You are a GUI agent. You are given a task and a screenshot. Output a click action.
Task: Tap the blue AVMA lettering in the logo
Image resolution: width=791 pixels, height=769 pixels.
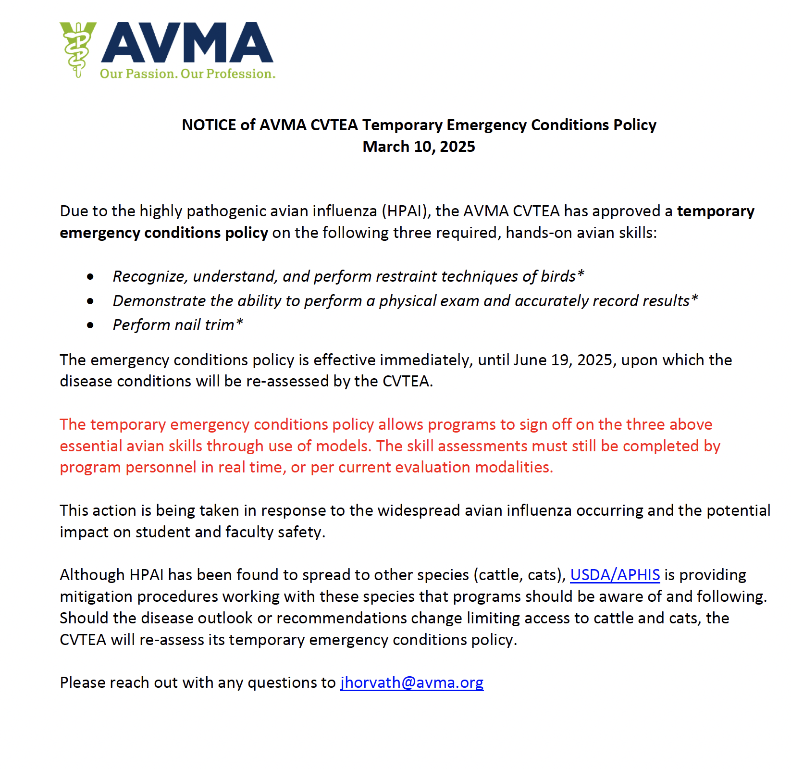(x=187, y=43)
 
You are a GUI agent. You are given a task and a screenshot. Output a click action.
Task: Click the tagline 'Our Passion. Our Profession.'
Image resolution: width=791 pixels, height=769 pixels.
(x=187, y=74)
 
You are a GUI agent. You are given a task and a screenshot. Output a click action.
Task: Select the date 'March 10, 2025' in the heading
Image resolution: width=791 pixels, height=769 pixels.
(x=419, y=147)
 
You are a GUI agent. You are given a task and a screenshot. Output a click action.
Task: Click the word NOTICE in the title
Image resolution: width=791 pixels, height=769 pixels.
(x=209, y=125)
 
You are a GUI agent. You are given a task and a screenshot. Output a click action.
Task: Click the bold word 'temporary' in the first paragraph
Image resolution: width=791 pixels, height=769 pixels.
(x=716, y=211)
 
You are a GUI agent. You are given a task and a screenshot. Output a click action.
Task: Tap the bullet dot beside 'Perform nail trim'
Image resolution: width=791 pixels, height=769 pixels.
(x=90, y=325)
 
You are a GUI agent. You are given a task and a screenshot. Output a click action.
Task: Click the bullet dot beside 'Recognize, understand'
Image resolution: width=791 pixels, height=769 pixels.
(x=90, y=277)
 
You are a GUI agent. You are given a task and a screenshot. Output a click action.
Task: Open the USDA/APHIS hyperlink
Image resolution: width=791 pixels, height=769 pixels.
(x=615, y=575)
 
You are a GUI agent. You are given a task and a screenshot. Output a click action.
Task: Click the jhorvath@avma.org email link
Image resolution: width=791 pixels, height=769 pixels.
(x=412, y=682)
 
